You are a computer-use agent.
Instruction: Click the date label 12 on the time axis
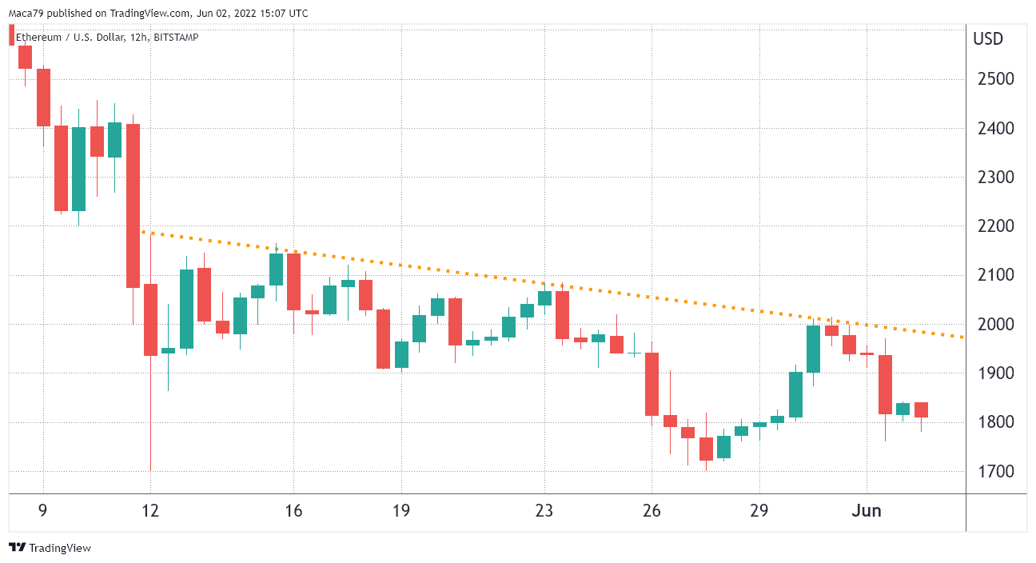click(150, 511)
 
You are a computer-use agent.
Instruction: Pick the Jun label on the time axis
click(867, 511)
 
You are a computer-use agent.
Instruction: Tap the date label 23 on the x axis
click(544, 511)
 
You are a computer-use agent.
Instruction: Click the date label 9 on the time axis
click(43, 511)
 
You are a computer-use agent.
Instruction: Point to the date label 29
click(759, 511)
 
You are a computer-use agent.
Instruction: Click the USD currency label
click(988, 39)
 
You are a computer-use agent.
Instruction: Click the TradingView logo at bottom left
click(50, 548)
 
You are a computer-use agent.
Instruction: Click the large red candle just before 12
click(133, 206)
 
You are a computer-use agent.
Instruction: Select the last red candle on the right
click(921, 409)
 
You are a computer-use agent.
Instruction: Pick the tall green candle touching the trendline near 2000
click(813, 349)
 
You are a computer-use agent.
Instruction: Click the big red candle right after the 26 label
click(652, 384)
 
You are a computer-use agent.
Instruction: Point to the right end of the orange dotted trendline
click(962, 337)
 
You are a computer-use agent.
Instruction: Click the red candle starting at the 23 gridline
click(562, 314)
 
